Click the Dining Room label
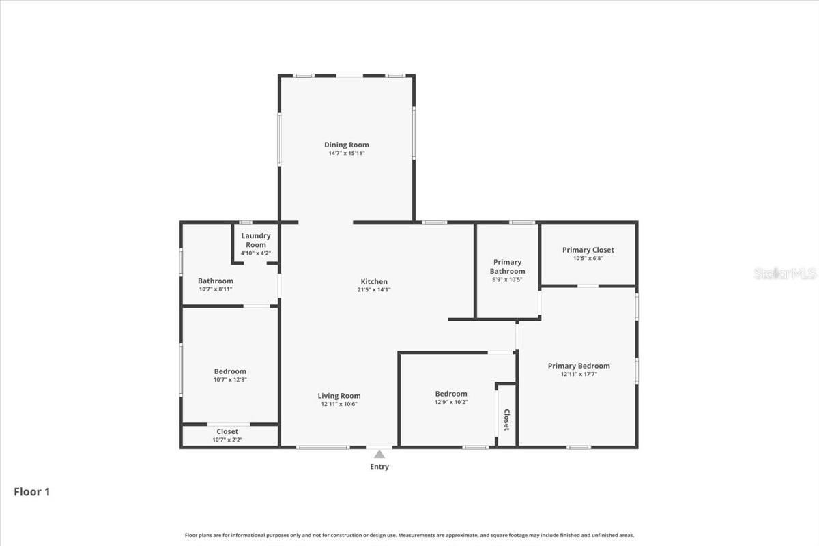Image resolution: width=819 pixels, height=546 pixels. click(346, 145)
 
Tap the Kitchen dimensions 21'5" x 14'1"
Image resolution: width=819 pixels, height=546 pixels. click(374, 289)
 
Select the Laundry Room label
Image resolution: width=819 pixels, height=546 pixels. click(256, 240)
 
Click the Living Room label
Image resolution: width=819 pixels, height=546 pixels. click(339, 396)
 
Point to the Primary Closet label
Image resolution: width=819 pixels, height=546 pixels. click(588, 250)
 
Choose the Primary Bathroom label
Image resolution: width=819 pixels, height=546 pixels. click(507, 266)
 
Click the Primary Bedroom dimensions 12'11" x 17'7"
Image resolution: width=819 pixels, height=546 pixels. click(579, 374)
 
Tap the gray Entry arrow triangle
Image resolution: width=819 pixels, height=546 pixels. click(379, 454)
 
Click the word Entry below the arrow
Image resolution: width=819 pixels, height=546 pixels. click(379, 467)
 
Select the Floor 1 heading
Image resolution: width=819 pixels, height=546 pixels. click(32, 491)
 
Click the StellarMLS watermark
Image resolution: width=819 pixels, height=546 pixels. click(785, 274)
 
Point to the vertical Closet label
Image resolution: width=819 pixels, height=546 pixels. click(506, 420)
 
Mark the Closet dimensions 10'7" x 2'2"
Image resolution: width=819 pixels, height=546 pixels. click(227, 440)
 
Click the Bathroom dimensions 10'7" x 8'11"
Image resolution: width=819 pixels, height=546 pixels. click(216, 289)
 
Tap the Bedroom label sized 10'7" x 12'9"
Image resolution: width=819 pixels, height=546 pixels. click(230, 371)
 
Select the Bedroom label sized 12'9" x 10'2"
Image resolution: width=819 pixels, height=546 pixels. click(451, 393)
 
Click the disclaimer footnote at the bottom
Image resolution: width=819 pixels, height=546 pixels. click(409, 535)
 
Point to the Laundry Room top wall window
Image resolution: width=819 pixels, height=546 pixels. click(246, 222)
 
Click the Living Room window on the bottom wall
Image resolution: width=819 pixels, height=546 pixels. click(323, 448)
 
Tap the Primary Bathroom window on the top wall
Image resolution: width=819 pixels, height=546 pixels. click(523, 222)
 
